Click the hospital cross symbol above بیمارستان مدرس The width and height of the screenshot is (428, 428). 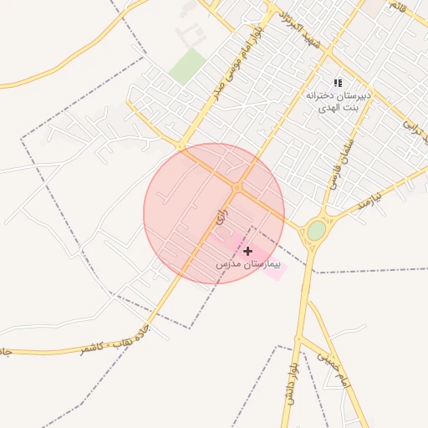[247, 251]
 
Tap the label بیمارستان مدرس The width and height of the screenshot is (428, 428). [247, 263]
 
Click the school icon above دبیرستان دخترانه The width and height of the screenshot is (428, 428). [338, 83]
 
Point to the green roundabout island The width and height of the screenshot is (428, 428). [315, 231]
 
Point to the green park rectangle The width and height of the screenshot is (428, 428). [188, 65]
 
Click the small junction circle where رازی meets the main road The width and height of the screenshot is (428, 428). [237, 187]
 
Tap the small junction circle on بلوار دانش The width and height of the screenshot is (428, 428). [298, 339]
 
